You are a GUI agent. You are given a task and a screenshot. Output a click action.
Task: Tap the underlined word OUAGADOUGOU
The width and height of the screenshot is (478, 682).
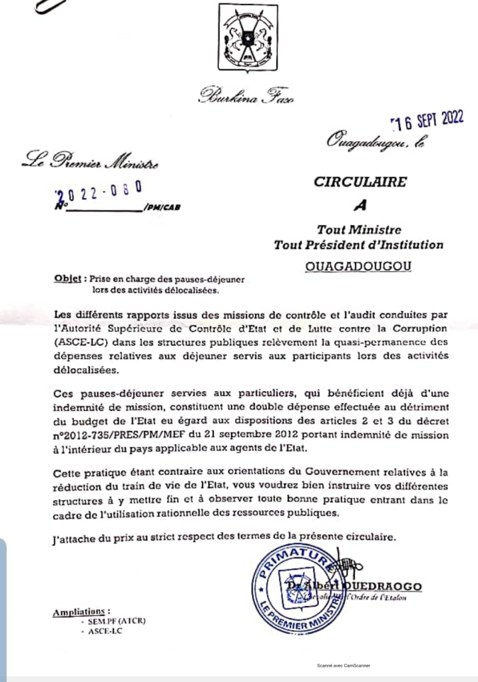[358, 267]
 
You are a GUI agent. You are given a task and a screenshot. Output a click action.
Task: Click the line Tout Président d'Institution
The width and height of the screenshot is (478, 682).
[358, 245]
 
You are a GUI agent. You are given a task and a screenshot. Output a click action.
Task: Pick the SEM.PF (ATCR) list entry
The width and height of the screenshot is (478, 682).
[113, 621]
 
